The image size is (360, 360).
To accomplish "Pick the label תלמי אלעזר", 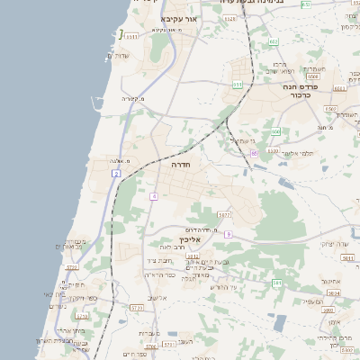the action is tap(294, 154).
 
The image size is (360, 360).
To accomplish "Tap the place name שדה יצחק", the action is tap(332, 244).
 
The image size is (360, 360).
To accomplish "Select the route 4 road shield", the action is tap(154, 196).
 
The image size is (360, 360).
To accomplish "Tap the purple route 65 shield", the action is tap(255, 154).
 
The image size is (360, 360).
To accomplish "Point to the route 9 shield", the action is tap(229, 234).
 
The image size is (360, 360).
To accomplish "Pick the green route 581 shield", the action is tap(277, 283).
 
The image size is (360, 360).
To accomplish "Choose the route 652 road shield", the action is tap(274, 41).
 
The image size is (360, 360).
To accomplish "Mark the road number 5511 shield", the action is tap(131, 36).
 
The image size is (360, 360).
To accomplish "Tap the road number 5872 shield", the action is tap(224, 215).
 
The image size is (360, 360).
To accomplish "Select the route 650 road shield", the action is tap(275, 132).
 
